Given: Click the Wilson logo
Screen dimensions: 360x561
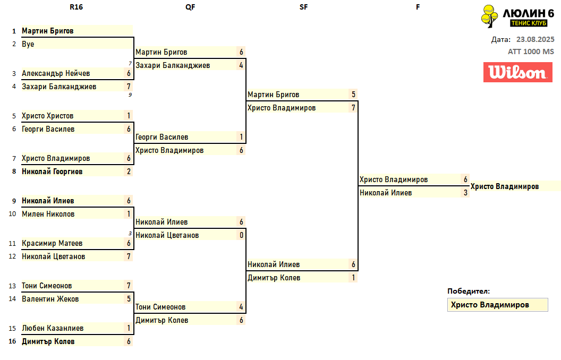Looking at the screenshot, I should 514,72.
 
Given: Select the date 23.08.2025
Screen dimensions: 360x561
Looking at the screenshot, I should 535,39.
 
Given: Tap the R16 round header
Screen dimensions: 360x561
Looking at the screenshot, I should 76,7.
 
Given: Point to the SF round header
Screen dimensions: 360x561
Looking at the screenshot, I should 303,7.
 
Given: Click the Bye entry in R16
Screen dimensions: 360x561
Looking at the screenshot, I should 28,44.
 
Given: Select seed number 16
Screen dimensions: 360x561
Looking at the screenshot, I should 12,341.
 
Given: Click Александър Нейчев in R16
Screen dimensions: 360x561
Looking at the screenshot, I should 56,73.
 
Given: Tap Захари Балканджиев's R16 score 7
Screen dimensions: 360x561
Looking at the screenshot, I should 129,87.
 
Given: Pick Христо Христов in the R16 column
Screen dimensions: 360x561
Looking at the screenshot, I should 48,116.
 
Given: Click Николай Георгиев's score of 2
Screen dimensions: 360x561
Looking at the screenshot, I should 129,172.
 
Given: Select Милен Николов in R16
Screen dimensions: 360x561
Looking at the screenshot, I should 48,214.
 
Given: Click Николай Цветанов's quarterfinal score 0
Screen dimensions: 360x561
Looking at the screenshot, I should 241,235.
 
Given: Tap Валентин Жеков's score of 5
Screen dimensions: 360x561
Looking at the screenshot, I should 129,299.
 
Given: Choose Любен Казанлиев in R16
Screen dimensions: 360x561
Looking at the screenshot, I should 53,328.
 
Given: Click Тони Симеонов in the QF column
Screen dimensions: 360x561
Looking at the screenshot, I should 160,307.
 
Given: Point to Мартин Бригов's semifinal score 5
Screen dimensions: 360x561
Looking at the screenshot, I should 353,95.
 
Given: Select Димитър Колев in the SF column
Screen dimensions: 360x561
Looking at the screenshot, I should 274,278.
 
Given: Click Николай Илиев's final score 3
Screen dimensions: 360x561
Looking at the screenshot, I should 465,193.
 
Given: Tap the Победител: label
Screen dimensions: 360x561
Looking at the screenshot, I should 469,291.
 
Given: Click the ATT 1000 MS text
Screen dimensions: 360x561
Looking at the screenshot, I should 531,52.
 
